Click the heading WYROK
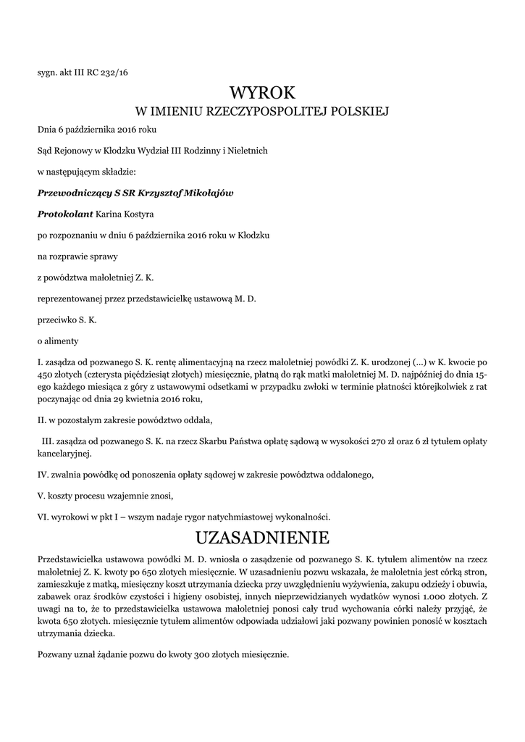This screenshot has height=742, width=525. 263,93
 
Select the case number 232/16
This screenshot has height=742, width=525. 116,72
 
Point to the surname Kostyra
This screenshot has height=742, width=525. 137,214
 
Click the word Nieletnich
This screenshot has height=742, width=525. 248,151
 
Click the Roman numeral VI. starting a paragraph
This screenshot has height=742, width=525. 43,517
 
